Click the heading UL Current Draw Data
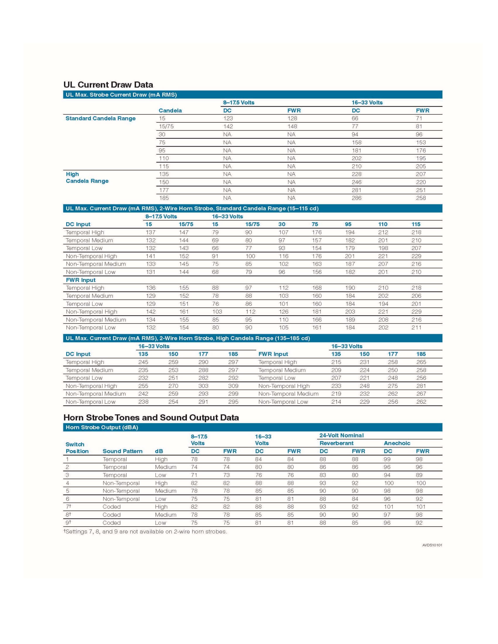108,85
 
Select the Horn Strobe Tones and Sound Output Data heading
151,417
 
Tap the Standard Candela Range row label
100,119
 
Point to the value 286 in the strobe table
356,198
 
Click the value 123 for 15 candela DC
228,119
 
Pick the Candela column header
170,111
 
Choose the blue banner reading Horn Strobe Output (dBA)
102,427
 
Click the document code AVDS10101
432,545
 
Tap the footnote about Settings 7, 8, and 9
145,532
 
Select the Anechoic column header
397,443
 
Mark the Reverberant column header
336,443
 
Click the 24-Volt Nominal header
341,435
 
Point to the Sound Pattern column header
122,451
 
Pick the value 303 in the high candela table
203,386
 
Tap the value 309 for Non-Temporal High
233,386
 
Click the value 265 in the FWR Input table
421,362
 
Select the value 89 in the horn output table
419,475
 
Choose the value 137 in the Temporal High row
151,232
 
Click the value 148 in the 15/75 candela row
292,126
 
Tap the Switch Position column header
77,448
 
